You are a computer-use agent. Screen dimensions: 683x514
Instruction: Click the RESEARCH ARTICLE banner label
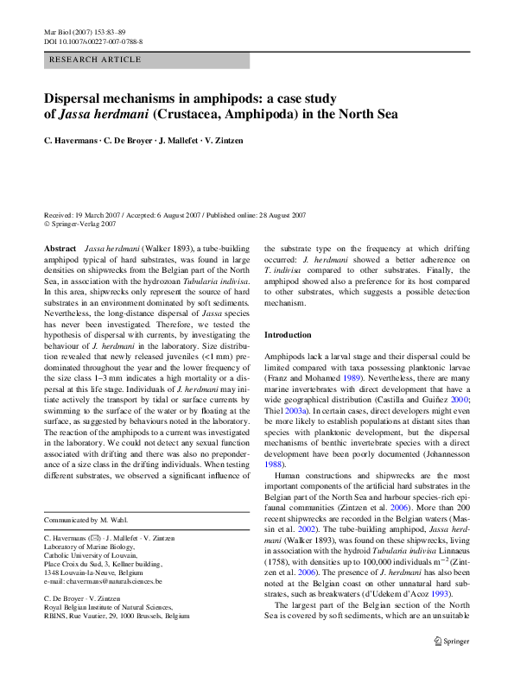click(96, 60)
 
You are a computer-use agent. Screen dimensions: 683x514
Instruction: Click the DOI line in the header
click(93, 41)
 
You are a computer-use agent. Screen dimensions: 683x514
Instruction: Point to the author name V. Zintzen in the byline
click(232, 141)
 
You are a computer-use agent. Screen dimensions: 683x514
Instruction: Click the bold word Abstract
click(60, 248)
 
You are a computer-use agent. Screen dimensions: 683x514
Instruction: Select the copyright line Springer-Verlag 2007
click(83, 224)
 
